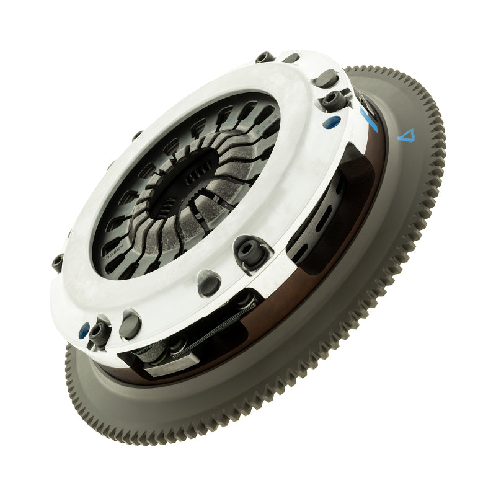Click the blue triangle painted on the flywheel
tap(406, 135)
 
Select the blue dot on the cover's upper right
tap(335, 122)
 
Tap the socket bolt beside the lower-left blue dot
tap(99, 335)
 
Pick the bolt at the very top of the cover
tap(265, 57)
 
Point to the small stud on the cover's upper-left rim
tap(136, 135)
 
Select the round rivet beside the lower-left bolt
tap(131, 325)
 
